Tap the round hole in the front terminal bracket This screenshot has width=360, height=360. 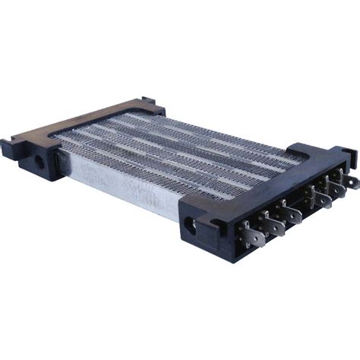[188, 225]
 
